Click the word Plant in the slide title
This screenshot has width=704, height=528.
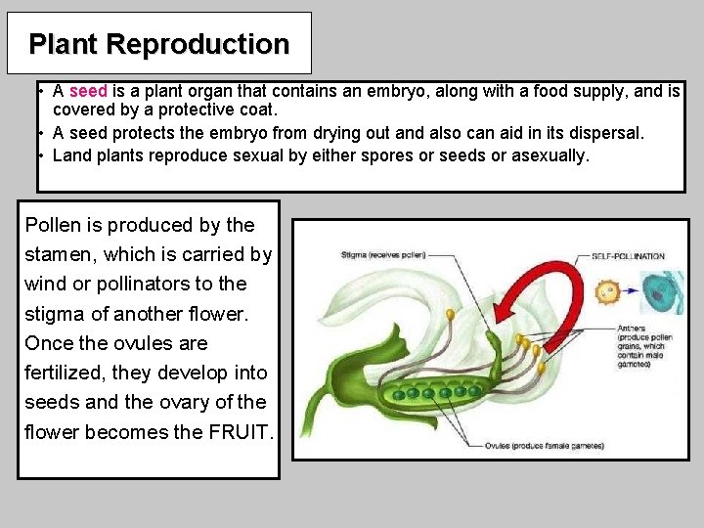[64, 44]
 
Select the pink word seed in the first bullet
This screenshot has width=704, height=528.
[88, 92]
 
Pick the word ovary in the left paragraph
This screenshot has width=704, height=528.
[206, 402]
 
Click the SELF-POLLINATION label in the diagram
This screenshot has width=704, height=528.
[628, 256]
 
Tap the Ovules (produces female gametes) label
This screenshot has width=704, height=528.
[545, 446]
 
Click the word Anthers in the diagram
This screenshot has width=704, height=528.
[632, 329]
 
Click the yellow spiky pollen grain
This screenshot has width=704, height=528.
[608, 291]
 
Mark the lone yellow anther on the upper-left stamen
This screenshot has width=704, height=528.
[450, 314]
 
